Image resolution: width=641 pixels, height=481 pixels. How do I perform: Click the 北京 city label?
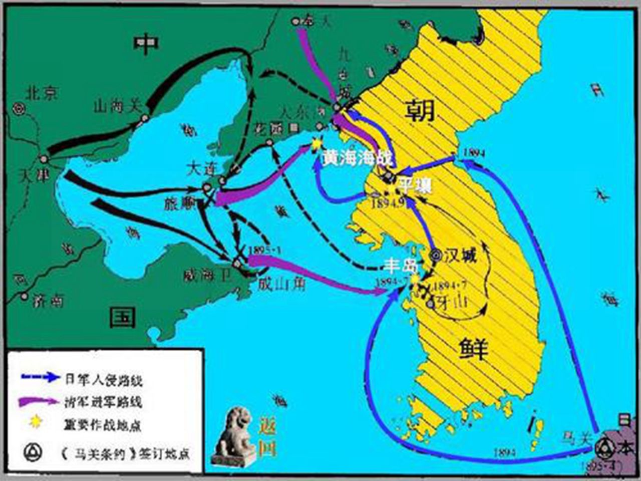click(x=42, y=93)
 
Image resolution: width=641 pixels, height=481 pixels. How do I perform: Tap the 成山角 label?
click(x=281, y=285)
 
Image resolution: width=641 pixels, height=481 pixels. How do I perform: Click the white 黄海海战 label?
click(x=358, y=158)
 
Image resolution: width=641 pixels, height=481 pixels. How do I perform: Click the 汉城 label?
click(x=460, y=256)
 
